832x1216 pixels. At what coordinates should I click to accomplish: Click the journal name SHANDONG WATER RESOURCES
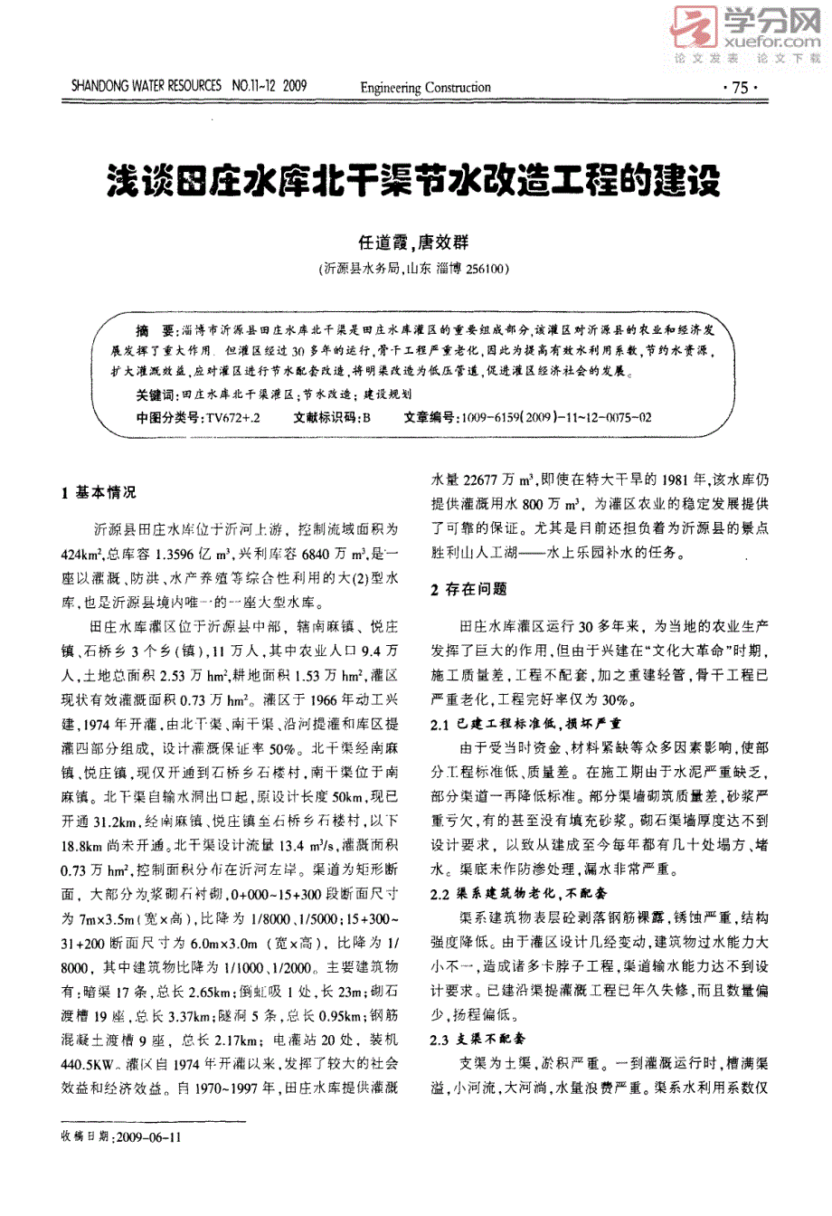pos(146,87)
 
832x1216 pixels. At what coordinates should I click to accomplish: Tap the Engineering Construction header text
pos(425,88)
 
